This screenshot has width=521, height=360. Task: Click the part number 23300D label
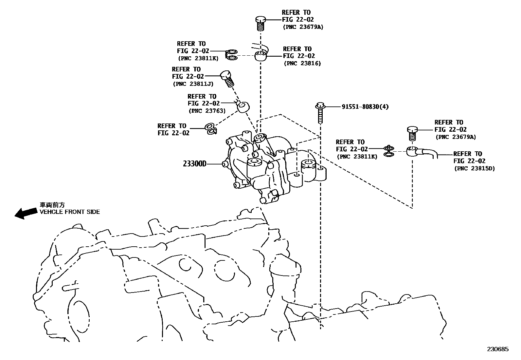(x=195, y=163)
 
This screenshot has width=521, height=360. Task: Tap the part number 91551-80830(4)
(x=365, y=107)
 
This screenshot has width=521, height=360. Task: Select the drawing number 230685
(x=497, y=349)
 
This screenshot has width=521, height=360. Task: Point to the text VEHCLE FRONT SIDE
(x=70, y=212)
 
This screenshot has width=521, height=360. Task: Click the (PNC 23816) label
(x=302, y=64)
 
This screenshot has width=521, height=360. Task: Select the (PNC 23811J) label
(x=193, y=84)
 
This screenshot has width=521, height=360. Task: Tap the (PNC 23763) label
(x=207, y=111)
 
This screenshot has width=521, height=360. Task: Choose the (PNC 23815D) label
(x=475, y=168)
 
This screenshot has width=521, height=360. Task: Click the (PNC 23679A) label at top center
(x=303, y=27)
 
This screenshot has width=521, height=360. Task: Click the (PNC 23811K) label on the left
(x=198, y=58)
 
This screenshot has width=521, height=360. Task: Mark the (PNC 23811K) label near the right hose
(x=357, y=157)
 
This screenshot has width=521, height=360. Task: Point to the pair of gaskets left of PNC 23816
(x=232, y=55)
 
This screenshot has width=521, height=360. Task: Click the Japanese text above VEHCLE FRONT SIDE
(x=52, y=205)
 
